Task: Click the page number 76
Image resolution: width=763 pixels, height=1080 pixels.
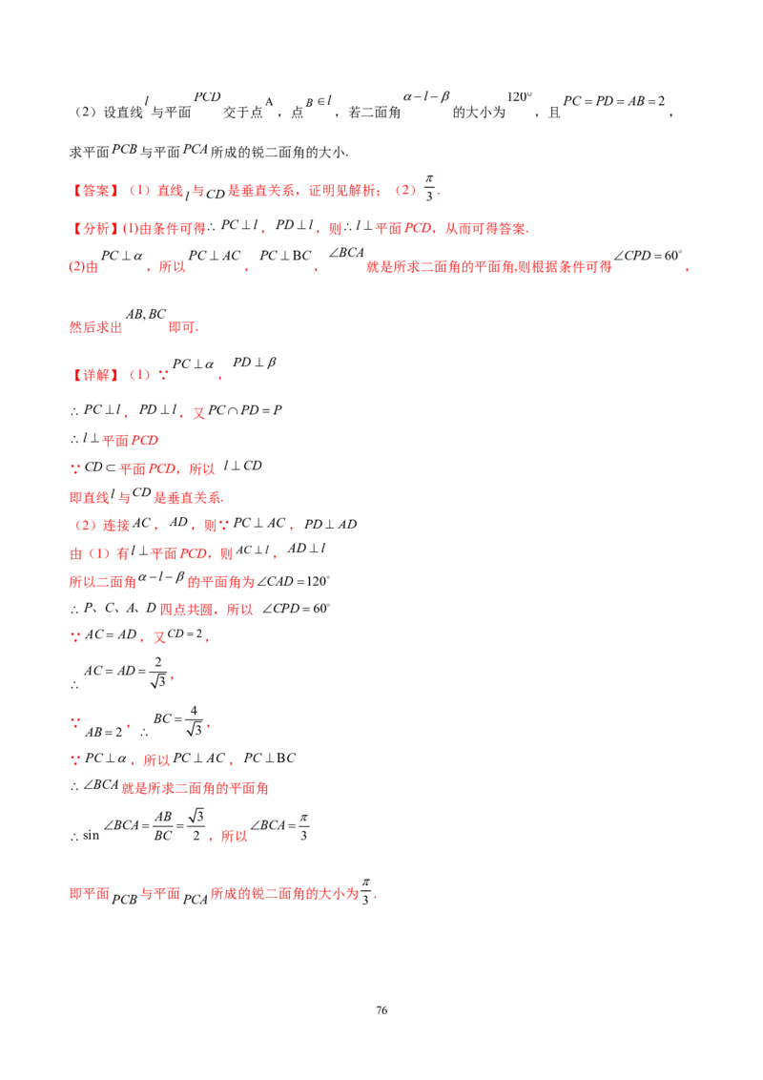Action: pos(381,1010)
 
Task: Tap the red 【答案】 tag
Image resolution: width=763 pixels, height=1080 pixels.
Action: pos(95,191)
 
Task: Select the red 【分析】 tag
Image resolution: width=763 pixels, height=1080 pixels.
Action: pos(95,228)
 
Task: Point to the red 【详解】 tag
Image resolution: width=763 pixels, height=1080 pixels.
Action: pos(95,375)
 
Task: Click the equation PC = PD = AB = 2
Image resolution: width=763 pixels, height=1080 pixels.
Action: pos(614,101)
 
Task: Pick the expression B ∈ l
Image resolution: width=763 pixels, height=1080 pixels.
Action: pos(319,102)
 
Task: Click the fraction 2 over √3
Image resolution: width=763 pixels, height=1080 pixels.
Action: pos(158,672)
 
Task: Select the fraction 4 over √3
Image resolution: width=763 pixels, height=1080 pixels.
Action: pos(195,719)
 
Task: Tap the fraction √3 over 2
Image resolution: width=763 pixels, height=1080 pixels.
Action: pos(196,825)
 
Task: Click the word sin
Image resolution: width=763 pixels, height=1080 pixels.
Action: pos(91,836)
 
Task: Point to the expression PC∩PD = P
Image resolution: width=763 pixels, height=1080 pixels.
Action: pos(245,410)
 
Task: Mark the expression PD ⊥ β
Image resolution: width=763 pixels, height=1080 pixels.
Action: pos(254,363)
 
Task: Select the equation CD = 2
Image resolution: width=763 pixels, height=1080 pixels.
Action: pos(185,633)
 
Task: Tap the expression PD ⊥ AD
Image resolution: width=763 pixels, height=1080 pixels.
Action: pos(331,524)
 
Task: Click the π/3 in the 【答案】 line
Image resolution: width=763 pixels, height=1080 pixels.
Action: pos(429,188)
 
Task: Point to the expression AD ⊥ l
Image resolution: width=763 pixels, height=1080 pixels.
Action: pos(306,549)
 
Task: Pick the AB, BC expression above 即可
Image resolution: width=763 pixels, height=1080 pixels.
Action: pos(146,314)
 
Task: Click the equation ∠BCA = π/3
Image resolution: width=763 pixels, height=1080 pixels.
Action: pos(279,825)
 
